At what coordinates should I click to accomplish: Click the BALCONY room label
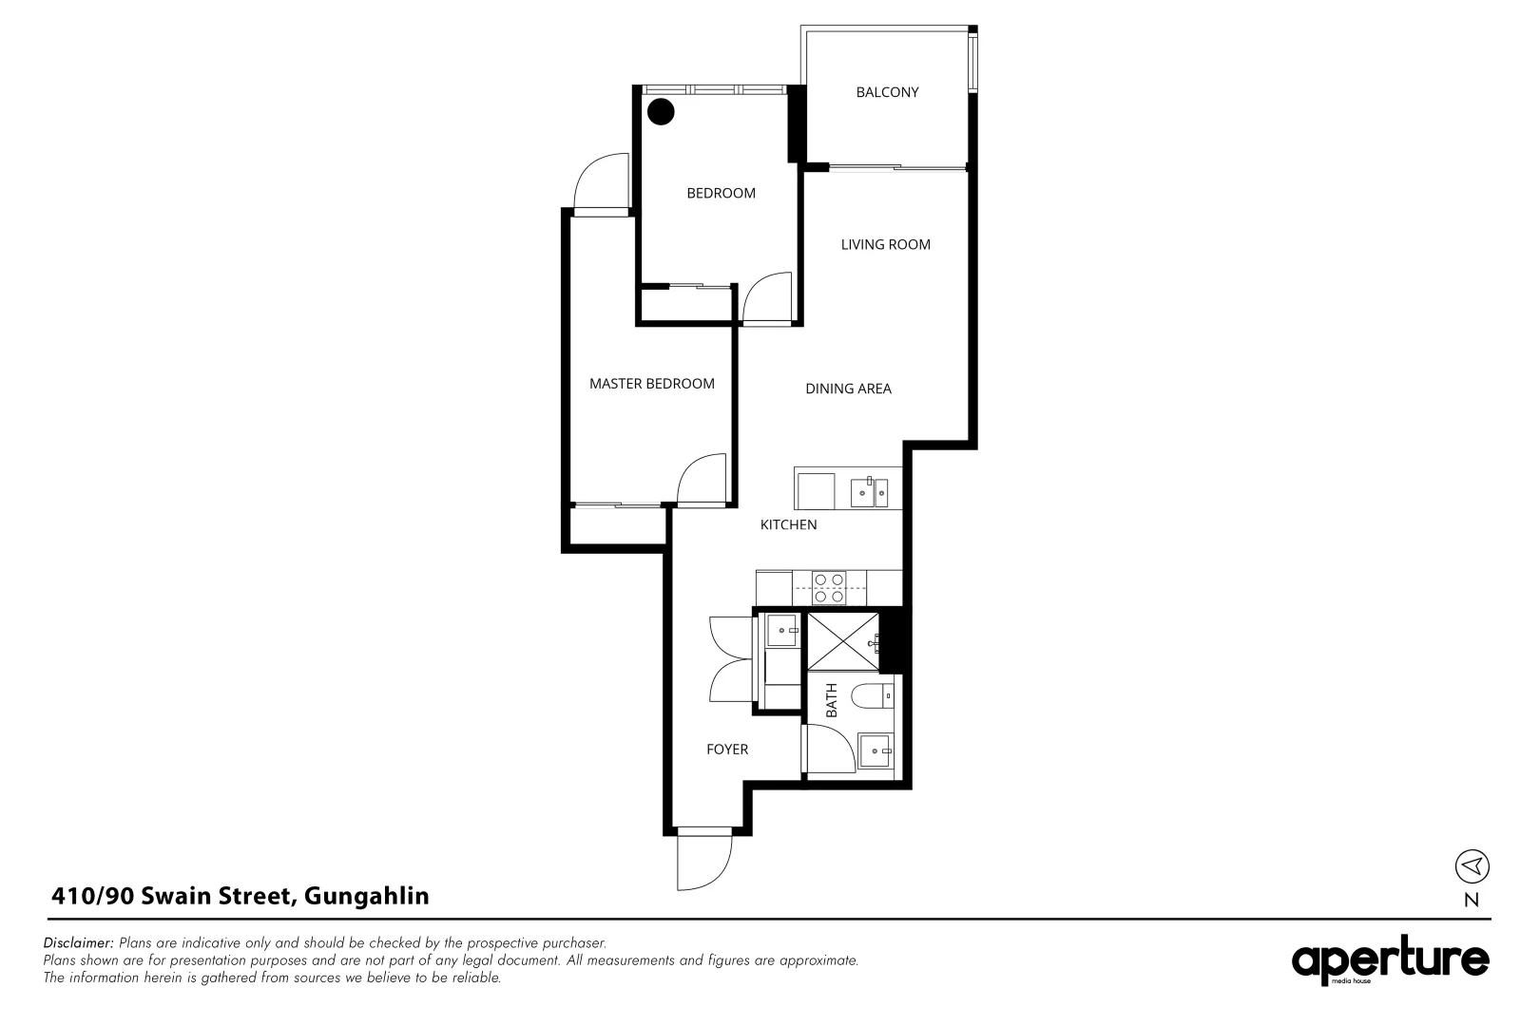tap(887, 92)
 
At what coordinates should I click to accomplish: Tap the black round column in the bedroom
tap(661, 112)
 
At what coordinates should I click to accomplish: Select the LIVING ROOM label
tap(885, 244)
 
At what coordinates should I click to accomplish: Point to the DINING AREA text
tap(848, 389)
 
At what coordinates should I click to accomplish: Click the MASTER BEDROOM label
tap(651, 384)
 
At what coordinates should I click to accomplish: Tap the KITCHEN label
tap(788, 524)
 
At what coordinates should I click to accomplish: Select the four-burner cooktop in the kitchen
tap(829, 588)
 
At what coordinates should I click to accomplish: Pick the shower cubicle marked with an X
tap(842, 641)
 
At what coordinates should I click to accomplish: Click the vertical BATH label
tap(832, 700)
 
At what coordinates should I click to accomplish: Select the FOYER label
tap(727, 750)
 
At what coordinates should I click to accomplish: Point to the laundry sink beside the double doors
tap(782, 629)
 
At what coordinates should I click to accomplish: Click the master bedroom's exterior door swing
tap(601, 182)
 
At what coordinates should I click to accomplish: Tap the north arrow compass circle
tap(1472, 865)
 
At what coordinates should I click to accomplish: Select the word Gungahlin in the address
tap(367, 896)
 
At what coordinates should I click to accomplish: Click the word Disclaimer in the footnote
tap(79, 943)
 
